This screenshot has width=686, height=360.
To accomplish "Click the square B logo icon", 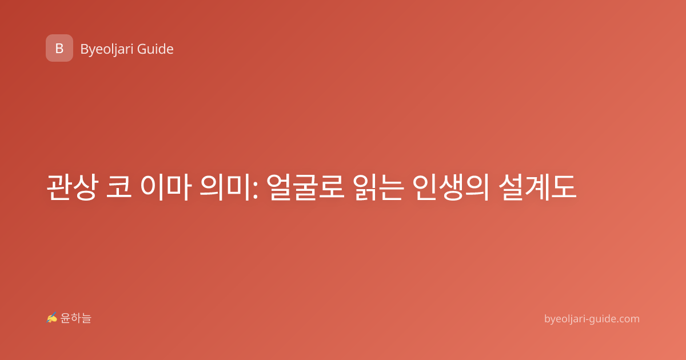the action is [x=59, y=48].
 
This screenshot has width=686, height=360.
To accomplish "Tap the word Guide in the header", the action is [x=155, y=49].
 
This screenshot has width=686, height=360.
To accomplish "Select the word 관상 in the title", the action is [x=73, y=187].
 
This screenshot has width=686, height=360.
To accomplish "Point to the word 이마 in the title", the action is [x=166, y=187].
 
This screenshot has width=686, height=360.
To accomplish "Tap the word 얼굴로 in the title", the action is [x=305, y=187].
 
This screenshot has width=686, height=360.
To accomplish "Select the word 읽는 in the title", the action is [x=378, y=187].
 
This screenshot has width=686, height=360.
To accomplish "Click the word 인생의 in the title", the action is [x=451, y=187].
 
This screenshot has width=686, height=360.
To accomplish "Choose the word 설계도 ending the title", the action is [x=538, y=187].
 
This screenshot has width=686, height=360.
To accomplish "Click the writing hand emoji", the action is [x=52, y=318].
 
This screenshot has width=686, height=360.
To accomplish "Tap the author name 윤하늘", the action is [x=75, y=318].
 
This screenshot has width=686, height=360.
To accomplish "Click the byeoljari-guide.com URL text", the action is [x=592, y=319].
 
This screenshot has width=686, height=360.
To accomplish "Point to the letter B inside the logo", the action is [x=59, y=49].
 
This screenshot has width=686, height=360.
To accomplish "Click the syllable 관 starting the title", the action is [x=59, y=187].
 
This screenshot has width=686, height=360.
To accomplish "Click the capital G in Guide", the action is [x=142, y=49].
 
